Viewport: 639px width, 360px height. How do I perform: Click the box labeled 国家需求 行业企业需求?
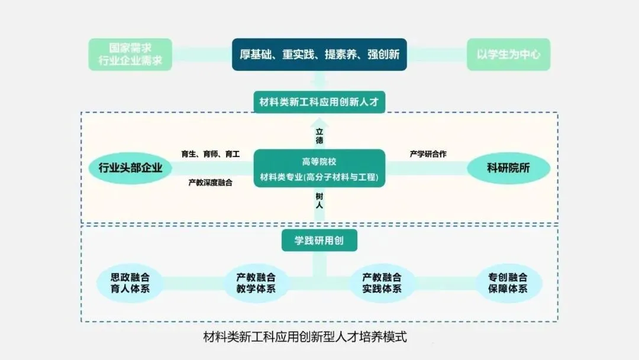point(130,54)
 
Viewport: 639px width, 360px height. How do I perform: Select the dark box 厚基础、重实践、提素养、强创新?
point(319,54)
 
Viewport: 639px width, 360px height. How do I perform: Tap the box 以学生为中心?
point(508,54)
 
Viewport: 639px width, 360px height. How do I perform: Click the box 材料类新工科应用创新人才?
point(319,102)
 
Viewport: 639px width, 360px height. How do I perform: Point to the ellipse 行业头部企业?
point(130,168)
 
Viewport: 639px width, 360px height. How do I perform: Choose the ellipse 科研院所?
point(508,168)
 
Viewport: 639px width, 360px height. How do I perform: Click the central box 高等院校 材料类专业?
point(319,169)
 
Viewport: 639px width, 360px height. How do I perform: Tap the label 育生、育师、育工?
point(210,154)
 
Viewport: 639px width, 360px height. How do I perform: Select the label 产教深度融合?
point(210,182)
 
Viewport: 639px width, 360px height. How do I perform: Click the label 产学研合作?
point(428,154)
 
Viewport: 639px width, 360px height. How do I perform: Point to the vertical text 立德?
point(319,136)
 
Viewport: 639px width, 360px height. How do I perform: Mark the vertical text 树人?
point(319,200)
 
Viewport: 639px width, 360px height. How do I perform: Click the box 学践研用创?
point(319,240)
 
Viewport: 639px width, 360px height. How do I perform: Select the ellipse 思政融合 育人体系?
point(130,283)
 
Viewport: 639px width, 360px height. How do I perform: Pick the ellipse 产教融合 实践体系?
point(382,283)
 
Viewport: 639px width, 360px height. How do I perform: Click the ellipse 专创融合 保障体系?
point(508,283)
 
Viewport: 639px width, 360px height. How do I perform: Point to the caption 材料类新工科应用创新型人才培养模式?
point(305,338)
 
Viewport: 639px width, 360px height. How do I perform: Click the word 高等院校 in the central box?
point(319,161)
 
